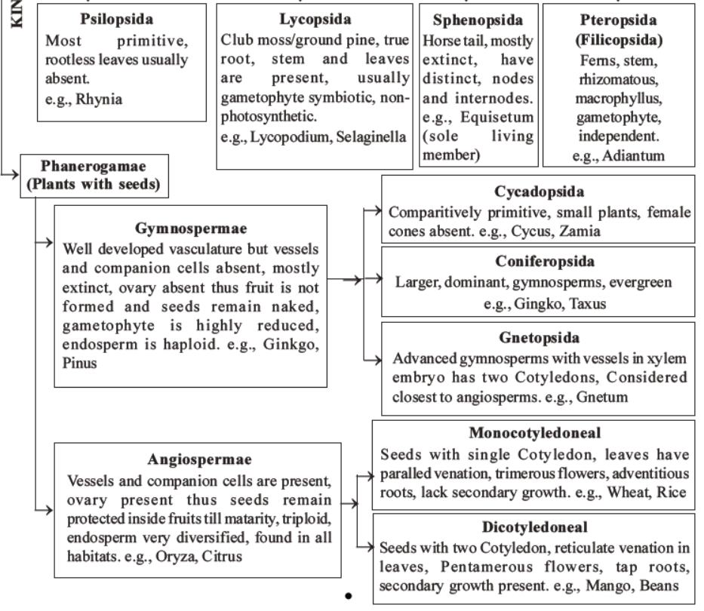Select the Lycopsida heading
coord(314,17)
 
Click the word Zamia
coord(583,231)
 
